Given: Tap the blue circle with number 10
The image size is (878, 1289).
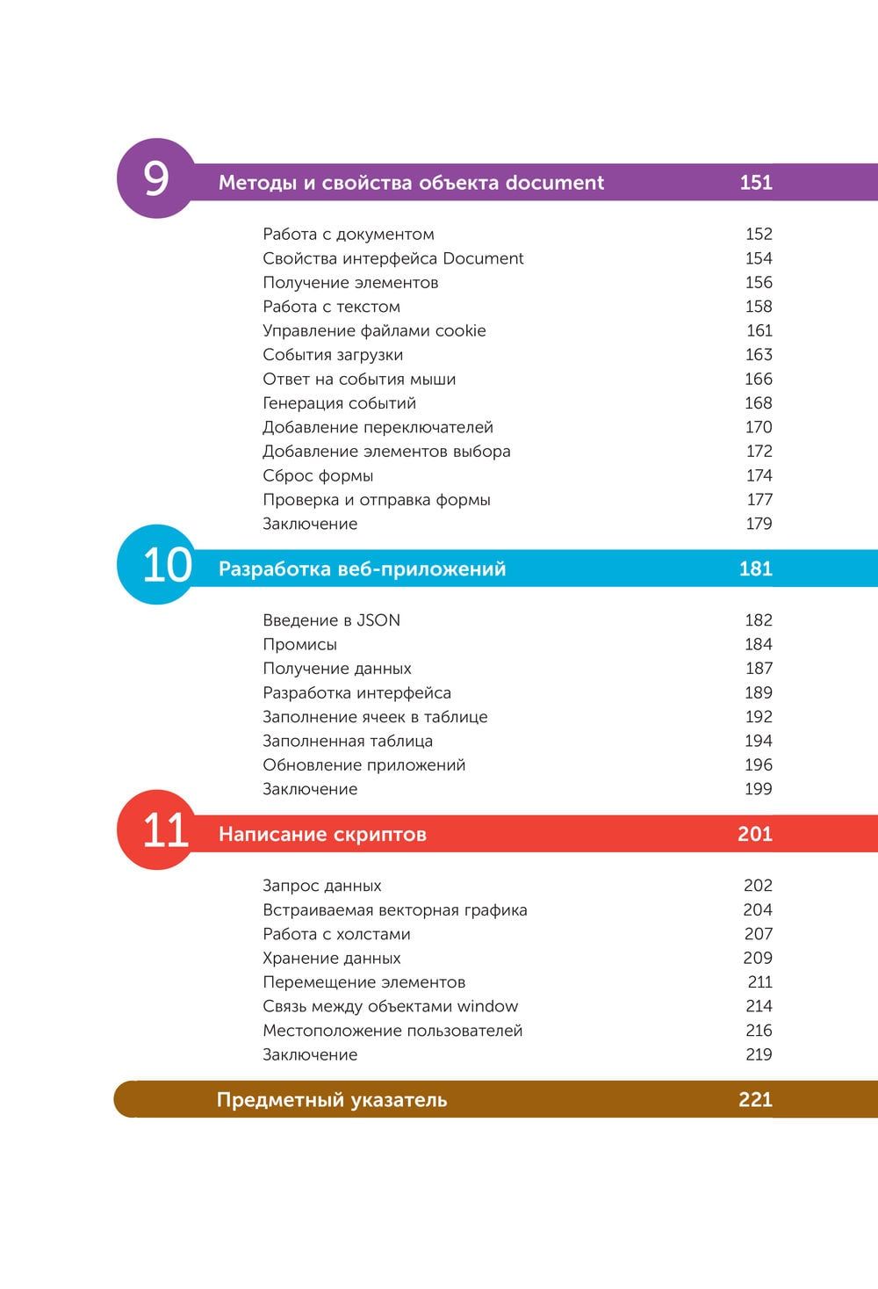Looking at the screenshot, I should click(x=156, y=564).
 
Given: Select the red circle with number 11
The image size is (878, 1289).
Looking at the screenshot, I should click(x=156, y=829).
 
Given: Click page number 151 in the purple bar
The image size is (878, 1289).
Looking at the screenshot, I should click(x=755, y=183).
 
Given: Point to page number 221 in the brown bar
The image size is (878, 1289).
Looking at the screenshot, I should click(x=755, y=1099).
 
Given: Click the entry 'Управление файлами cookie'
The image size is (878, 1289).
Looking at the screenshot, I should click(x=374, y=330).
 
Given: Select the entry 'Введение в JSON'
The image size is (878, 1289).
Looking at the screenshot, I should click(x=331, y=620).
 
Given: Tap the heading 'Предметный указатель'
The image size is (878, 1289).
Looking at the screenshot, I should click(x=332, y=1099).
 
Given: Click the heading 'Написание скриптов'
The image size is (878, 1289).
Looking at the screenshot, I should click(x=322, y=834).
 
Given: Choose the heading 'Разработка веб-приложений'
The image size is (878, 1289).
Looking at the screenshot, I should click(x=362, y=568).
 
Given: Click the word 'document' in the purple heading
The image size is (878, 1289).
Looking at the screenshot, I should click(x=555, y=183).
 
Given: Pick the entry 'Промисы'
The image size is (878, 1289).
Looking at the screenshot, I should click(x=299, y=644).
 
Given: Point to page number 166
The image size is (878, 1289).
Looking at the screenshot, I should click(x=758, y=379).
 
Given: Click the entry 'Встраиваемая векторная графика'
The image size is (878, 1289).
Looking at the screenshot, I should click(x=394, y=909).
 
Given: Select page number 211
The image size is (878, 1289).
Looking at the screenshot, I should click(x=759, y=981).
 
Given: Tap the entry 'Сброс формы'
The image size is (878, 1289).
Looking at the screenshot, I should click(x=318, y=475).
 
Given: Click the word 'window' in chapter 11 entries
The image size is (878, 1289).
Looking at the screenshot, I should click(x=487, y=1006).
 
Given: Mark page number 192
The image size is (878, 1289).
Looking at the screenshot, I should click(x=758, y=716).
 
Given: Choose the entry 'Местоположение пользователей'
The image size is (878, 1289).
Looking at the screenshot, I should click(x=392, y=1030).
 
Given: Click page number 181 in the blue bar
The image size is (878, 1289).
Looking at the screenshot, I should click(x=755, y=568).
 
